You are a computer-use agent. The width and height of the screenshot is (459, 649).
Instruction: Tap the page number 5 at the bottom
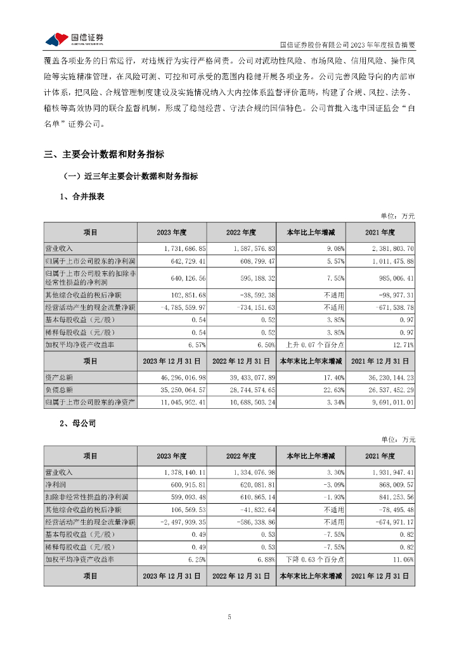pyautogui.click(x=229, y=617)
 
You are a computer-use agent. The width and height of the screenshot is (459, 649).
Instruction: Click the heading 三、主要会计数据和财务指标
pyautogui.click(x=104, y=154)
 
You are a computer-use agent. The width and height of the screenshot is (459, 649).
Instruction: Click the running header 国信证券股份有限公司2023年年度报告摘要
pyautogui.click(x=347, y=45)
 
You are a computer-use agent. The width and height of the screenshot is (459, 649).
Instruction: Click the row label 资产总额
pyautogui.click(x=59, y=378)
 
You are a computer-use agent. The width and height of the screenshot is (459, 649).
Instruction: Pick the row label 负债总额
pyautogui.click(x=59, y=390)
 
